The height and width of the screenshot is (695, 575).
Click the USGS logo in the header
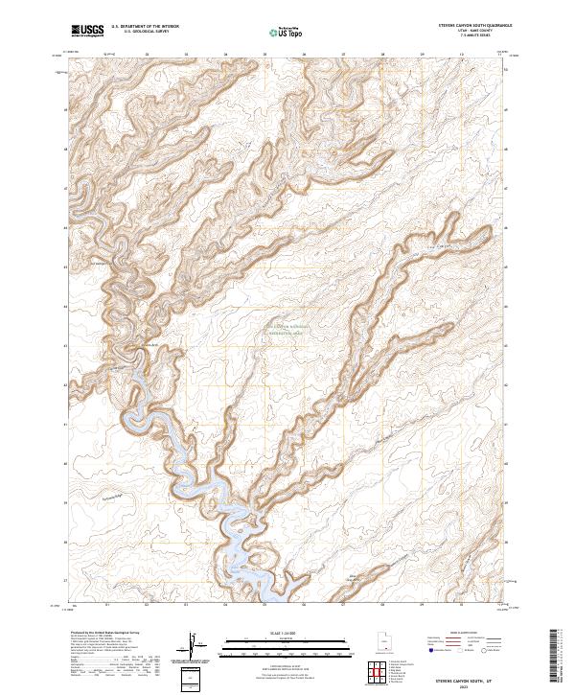87,31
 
